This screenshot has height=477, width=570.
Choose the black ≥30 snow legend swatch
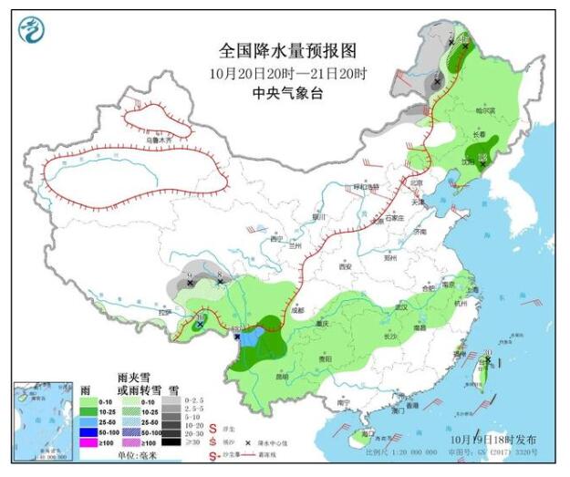[170, 441]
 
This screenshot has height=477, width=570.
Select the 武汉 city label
[399, 308]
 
